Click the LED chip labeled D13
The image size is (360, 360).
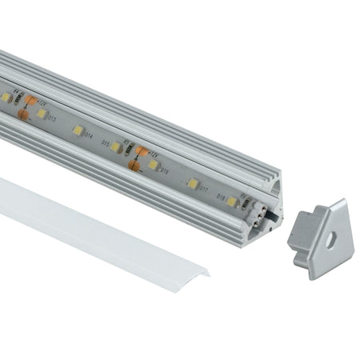[x=41, y=114]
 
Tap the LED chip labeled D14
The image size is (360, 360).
[x=78, y=130]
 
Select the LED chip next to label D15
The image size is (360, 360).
[x=117, y=147]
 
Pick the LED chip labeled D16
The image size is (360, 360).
[x=154, y=164]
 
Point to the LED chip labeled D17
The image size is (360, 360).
[x=193, y=183]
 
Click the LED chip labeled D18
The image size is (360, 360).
[x=231, y=201]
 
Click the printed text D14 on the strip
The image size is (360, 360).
[x=103, y=143]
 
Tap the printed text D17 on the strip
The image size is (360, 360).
[x=204, y=190]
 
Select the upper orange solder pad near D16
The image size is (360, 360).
[x=141, y=150]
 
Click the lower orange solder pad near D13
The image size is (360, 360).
[x=25, y=117]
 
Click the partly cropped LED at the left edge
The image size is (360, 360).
[x=5, y=97]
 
